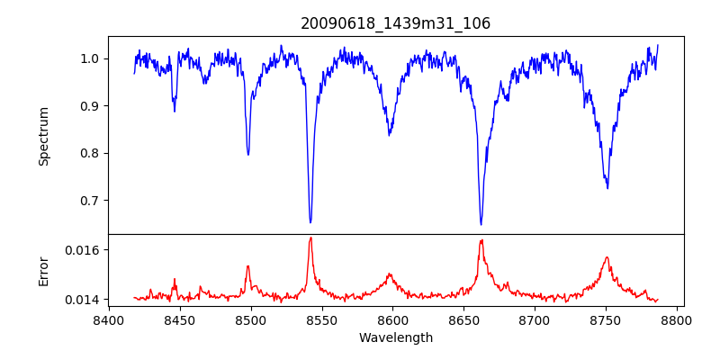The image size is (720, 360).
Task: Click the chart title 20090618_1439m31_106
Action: (x=395, y=23)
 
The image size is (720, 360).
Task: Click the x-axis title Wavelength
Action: (x=395, y=337)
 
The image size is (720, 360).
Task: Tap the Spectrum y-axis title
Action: (x=44, y=136)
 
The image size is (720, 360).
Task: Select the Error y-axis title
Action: (x=44, y=271)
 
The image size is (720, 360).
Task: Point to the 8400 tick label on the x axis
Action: (x=109, y=319)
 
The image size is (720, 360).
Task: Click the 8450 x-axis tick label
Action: (x=179, y=319)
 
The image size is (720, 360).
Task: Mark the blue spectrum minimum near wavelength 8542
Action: (x=310, y=222)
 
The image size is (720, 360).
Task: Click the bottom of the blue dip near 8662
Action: (x=481, y=224)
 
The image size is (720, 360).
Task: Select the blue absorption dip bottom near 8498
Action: (x=248, y=155)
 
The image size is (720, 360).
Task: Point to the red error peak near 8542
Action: (x=310, y=238)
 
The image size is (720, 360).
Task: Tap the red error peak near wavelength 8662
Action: (x=481, y=239)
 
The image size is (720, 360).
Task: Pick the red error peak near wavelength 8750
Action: (x=607, y=257)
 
